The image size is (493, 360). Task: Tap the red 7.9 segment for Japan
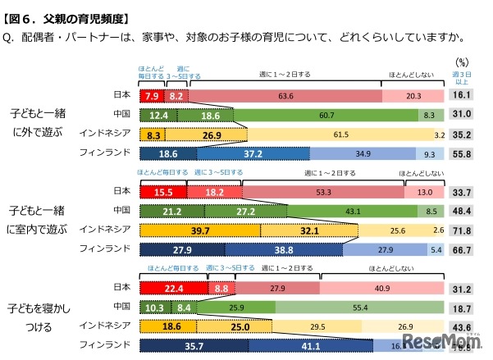click(x=151, y=96)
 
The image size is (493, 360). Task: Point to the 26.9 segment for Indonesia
click(x=211, y=134)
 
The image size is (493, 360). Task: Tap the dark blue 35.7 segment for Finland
click(x=192, y=345)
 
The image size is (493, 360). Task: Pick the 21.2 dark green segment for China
click(x=172, y=211)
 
